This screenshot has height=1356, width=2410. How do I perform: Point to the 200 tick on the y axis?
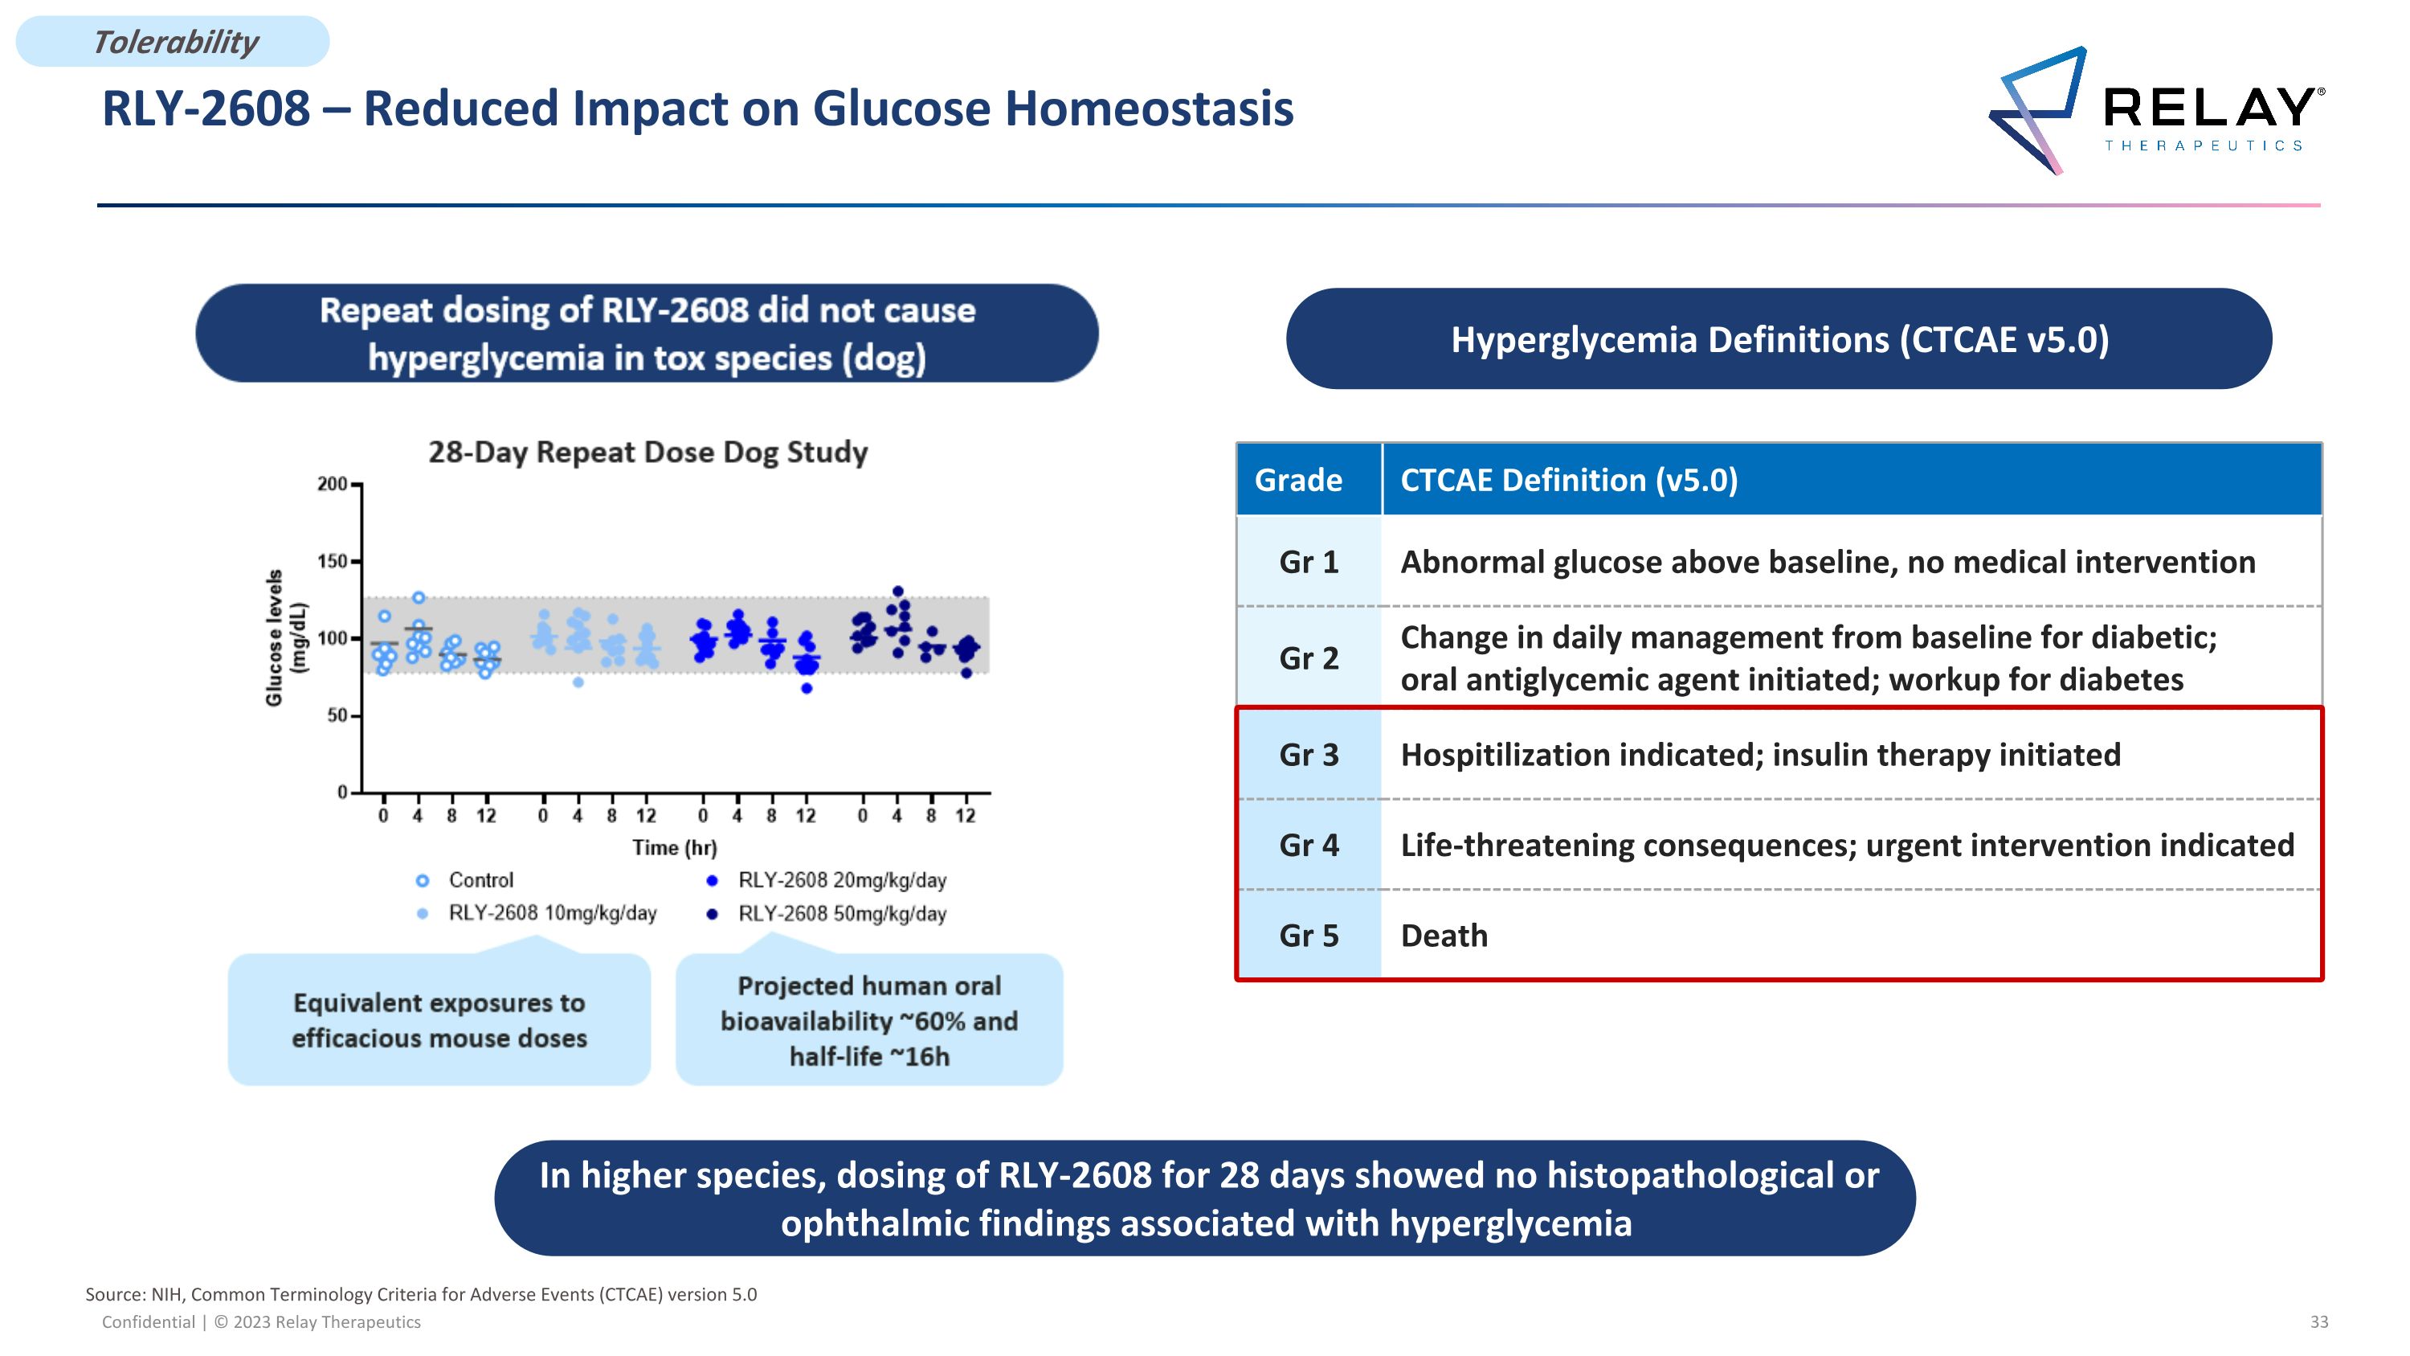point(332,484)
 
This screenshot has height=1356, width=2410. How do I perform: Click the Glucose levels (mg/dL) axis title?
point(285,638)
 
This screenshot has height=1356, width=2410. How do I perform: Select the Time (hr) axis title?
point(674,848)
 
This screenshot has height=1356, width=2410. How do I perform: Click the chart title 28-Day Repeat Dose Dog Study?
point(647,452)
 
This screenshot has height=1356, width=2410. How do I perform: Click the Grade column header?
point(1297,480)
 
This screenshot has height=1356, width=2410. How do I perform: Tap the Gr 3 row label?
point(1308,756)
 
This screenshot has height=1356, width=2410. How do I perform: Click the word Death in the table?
point(1444,936)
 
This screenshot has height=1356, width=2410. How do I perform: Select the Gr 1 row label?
point(1308,563)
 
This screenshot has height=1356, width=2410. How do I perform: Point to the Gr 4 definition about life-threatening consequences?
point(1846,846)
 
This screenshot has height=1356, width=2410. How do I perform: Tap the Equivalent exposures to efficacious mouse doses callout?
point(439,1021)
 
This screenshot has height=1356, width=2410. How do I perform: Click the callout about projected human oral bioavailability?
point(868,1021)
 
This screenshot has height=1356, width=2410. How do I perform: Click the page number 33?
point(2318,1322)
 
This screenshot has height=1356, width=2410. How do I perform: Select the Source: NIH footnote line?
point(421,1295)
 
